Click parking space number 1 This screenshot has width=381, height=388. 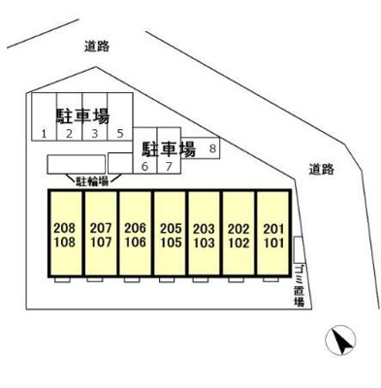45,116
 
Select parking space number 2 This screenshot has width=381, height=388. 70,116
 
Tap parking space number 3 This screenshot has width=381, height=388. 95,116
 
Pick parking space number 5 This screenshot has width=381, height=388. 120,116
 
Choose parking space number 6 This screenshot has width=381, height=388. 145,150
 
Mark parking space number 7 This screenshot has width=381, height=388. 169,150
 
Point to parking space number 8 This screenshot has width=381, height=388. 201,148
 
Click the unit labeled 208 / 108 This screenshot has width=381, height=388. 65,233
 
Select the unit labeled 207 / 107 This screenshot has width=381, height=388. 101,233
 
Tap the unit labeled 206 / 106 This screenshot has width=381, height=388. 136,233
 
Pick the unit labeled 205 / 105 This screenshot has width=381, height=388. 171,233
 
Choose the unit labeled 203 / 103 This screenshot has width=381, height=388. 205,233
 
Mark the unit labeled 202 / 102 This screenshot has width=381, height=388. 239,233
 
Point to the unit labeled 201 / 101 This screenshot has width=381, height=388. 273,233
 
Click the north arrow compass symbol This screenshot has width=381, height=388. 340,340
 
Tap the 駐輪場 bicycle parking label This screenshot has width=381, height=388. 92,181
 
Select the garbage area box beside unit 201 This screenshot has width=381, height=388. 299,249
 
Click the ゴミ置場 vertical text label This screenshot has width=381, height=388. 300,286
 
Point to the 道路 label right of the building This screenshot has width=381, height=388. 321,170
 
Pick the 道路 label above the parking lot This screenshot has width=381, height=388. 97,47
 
